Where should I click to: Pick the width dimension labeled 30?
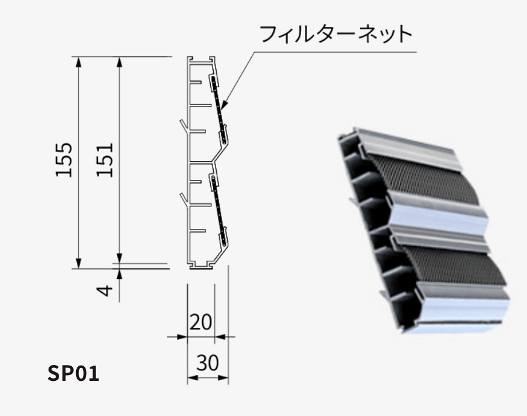[207, 364]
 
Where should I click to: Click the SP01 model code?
[73, 373]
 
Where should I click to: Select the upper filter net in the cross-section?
[219, 105]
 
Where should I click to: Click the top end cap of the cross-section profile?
[202, 59]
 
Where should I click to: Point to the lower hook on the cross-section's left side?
[184, 198]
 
